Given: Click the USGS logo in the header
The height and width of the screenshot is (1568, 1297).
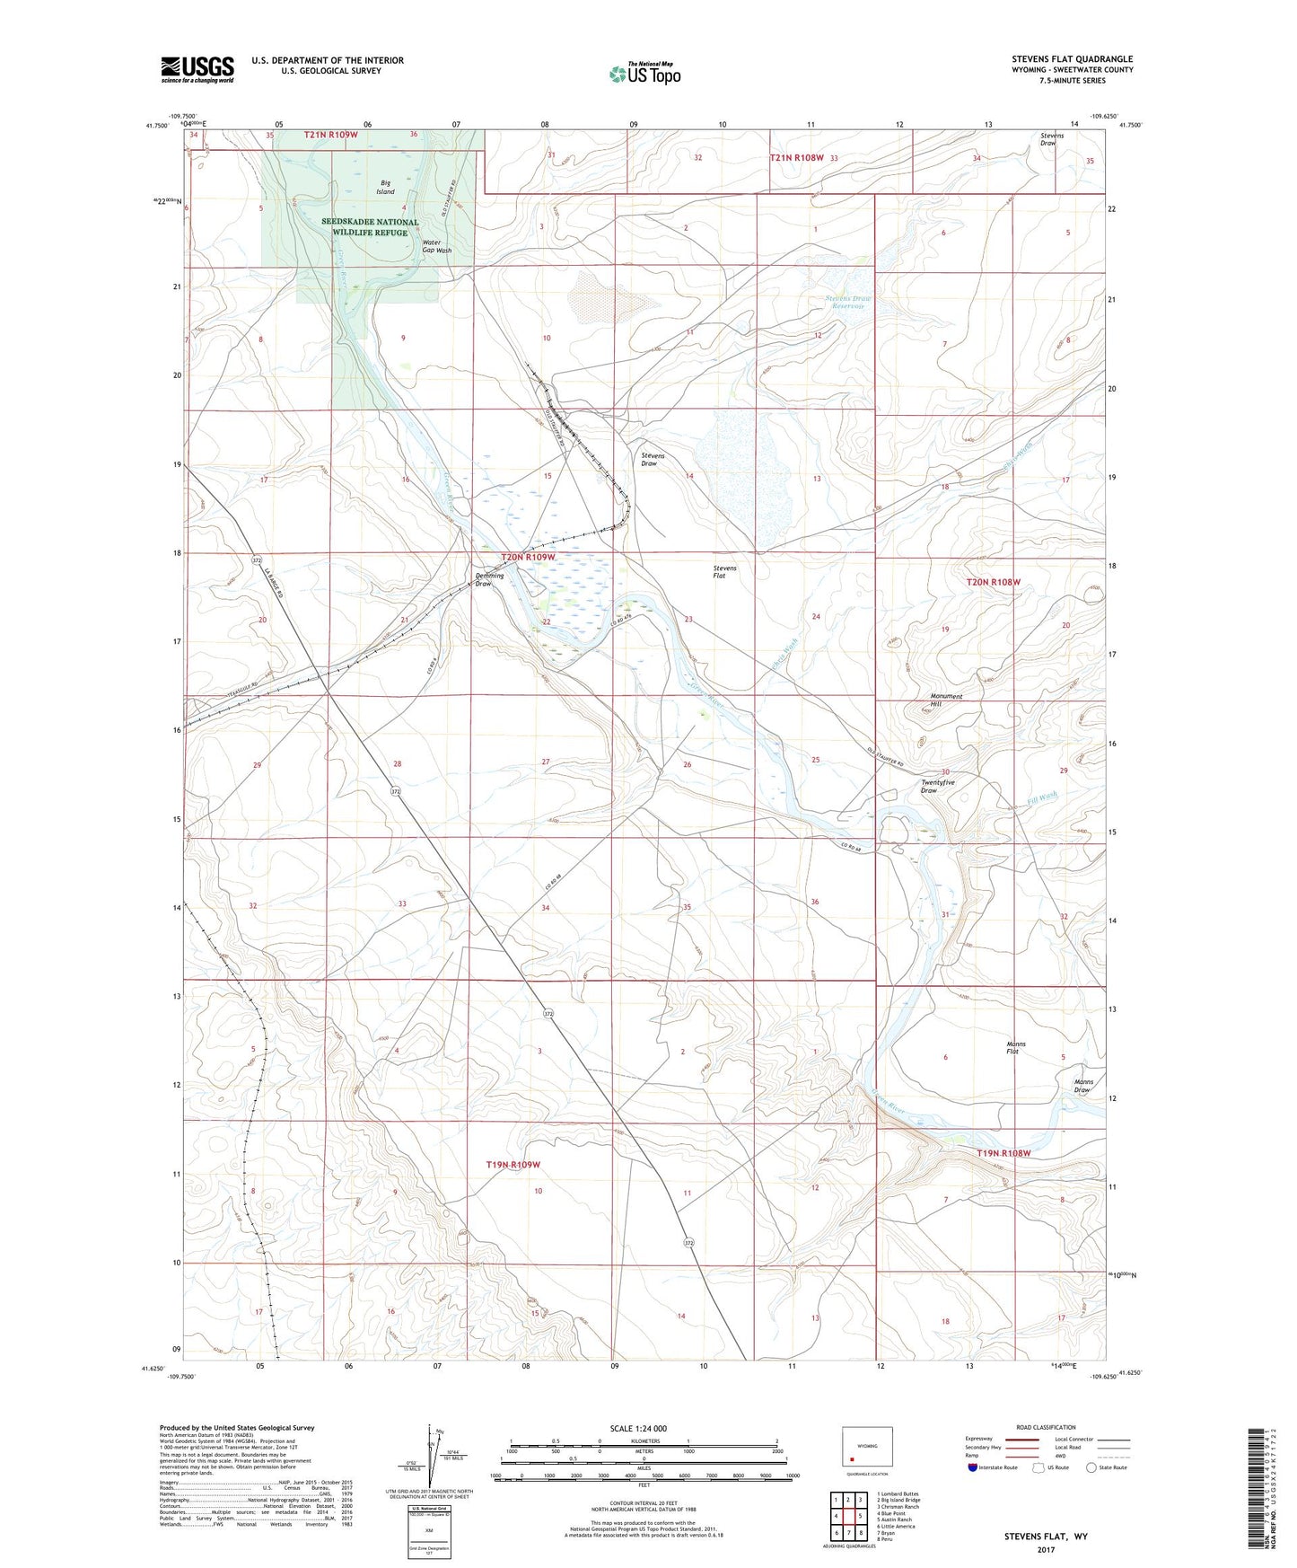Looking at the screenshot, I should pyautogui.click(x=197, y=69).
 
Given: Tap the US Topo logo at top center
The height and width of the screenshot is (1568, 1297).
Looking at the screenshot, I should pyautogui.click(x=644, y=74).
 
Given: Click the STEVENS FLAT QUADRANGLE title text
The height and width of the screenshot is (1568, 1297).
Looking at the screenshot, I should pyautogui.click(x=1072, y=59).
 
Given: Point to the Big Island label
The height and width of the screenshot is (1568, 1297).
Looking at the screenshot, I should pyautogui.click(x=385, y=187).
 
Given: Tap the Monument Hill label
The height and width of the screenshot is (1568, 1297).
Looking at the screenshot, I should pyautogui.click(x=946, y=700).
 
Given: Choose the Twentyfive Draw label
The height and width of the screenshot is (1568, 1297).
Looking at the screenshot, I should pyautogui.click(x=937, y=786).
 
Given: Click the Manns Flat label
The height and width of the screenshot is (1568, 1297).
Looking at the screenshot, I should pyautogui.click(x=1015, y=1047).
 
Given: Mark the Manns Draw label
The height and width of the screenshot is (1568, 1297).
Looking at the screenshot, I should pyautogui.click(x=1083, y=1086).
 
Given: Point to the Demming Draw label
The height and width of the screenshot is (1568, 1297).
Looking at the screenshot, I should pyautogui.click(x=489, y=580).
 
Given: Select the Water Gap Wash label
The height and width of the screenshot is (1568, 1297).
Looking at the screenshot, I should pyautogui.click(x=436, y=246).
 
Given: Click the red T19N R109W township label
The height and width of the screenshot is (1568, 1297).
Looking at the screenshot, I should pyautogui.click(x=513, y=1165).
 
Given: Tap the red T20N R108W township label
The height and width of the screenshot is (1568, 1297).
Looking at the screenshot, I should pyautogui.click(x=993, y=582).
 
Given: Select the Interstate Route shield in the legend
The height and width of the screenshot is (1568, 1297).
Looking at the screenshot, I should pyautogui.click(x=974, y=1467).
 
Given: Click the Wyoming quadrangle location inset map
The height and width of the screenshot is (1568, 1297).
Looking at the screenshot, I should pyautogui.click(x=867, y=1447).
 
